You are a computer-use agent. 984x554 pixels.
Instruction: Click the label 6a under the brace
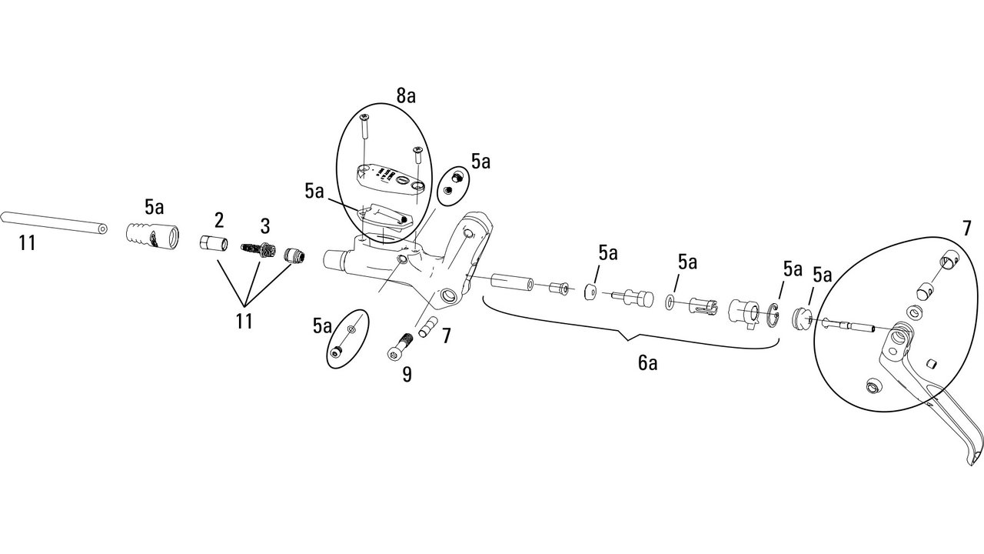pos(647,364)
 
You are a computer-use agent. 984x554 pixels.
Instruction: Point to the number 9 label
pos(407,374)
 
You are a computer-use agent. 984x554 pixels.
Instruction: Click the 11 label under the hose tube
pos(26,243)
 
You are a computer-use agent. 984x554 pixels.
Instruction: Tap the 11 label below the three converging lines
pos(244,321)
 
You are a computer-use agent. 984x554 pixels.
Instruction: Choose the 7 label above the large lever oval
pos(966,229)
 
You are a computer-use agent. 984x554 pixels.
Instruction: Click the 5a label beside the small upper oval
pos(481,162)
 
